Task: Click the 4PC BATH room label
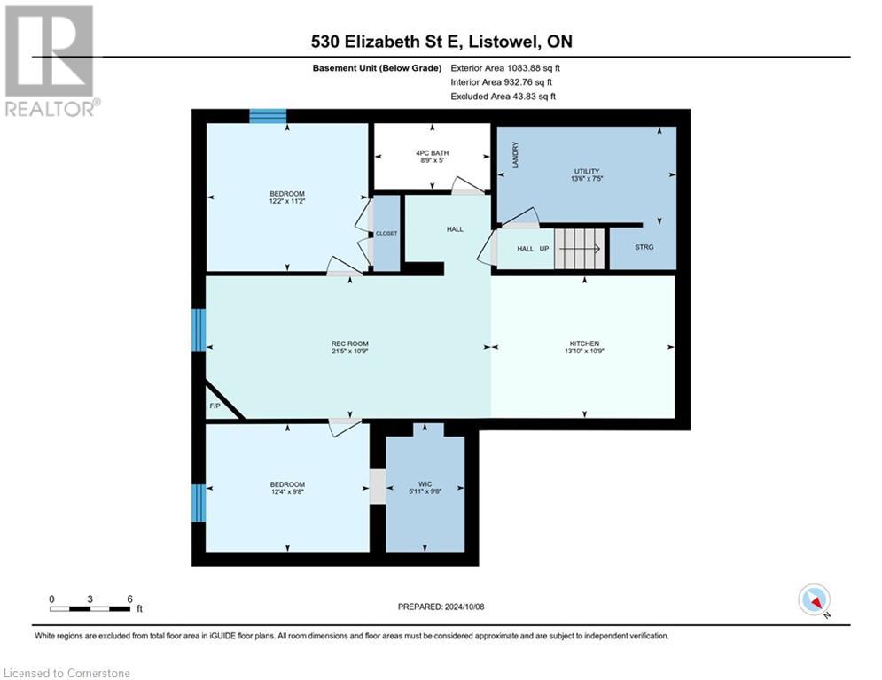pyautogui.click(x=432, y=152)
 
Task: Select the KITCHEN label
pyautogui.click(x=585, y=344)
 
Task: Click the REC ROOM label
pyautogui.click(x=350, y=344)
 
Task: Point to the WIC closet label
pyautogui.click(x=426, y=484)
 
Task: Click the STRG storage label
pyautogui.click(x=644, y=247)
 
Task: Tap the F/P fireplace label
pyautogui.click(x=215, y=406)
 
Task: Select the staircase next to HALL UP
pyautogui.click(x=579, y=248)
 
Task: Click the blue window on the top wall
pyautogui.click(x=268, y=116)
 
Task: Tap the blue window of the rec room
pyautogui.click(x=199, y=330)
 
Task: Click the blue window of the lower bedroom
pyautogui.click(x=199, y=502)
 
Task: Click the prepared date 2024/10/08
pyautogui.click(x=442, y=607)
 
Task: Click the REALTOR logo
pyautogui.click(x=51, y=61)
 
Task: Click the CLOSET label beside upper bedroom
pyautogui.click(x=386, y=233)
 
